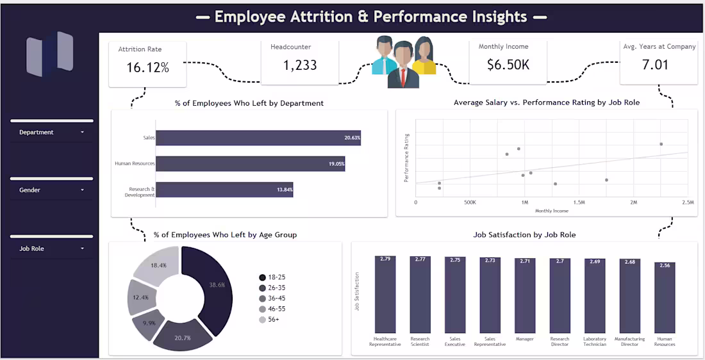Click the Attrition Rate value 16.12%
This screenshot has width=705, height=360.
pyautogui.click(x=147, y=67)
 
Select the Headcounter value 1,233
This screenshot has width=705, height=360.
pyautogui.click(x=299, y=65)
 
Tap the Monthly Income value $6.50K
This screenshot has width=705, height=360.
pyautogui.click(x=508, y=64)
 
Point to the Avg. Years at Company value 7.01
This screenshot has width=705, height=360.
pyautogui.click(x=655, y=65)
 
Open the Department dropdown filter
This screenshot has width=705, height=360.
pyautogui.click(x=51, y=133)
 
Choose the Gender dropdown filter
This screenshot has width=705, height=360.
pyautogui.click(x=51, y=190)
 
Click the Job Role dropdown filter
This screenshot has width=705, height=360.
pyautogui.click(x=51, y=249)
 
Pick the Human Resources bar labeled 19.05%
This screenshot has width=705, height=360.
pyautogui.click(x=250, y=164)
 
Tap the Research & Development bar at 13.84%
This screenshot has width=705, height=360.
pyautogui.click(x=224, y=190)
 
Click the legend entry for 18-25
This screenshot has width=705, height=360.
pyautogui.click(x=272, y=277)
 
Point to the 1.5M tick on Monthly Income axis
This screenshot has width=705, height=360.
pyautogui.click(x=578, y=202)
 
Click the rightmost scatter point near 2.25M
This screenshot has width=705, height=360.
pyautogui.click(x=661, y=144)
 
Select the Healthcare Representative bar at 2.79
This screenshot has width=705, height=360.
pyautogui.click(x=385, y=294)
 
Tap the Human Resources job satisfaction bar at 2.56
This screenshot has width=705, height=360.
pyautogui.click(x=665, y=297)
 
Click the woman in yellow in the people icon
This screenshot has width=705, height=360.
pyautogui.click(x=423, y=56)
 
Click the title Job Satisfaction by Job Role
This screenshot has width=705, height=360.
pyautogui.click(x=524, y=235)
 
